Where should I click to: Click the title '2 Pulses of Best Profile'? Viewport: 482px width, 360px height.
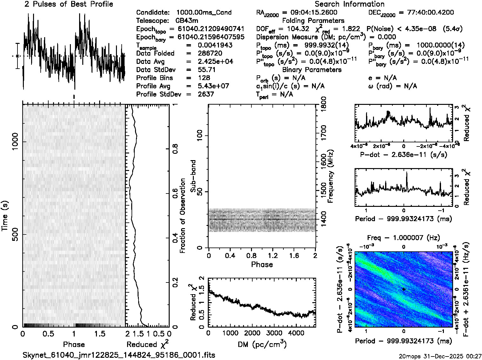[69, 4]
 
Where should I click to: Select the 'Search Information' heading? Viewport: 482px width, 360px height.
[349, 4]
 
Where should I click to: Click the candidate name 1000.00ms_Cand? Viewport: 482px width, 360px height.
[204, 13]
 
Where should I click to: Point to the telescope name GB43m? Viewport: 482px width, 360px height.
[187, 21]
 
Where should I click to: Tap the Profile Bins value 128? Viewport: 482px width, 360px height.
[204, 78]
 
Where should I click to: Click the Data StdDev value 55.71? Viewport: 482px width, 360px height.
[207, 70]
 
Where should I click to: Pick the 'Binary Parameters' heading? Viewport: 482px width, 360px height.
[312, 70]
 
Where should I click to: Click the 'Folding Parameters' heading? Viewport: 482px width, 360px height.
[313, 21]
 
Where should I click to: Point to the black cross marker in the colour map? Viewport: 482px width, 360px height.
[404, 289]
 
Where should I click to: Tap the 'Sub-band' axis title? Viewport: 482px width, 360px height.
[193, 176]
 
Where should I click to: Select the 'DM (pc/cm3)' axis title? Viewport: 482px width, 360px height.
[262, 344]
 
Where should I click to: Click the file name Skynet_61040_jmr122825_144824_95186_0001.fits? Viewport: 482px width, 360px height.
[119, 355]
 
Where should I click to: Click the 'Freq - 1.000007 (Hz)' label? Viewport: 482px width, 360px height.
[404, 238]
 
